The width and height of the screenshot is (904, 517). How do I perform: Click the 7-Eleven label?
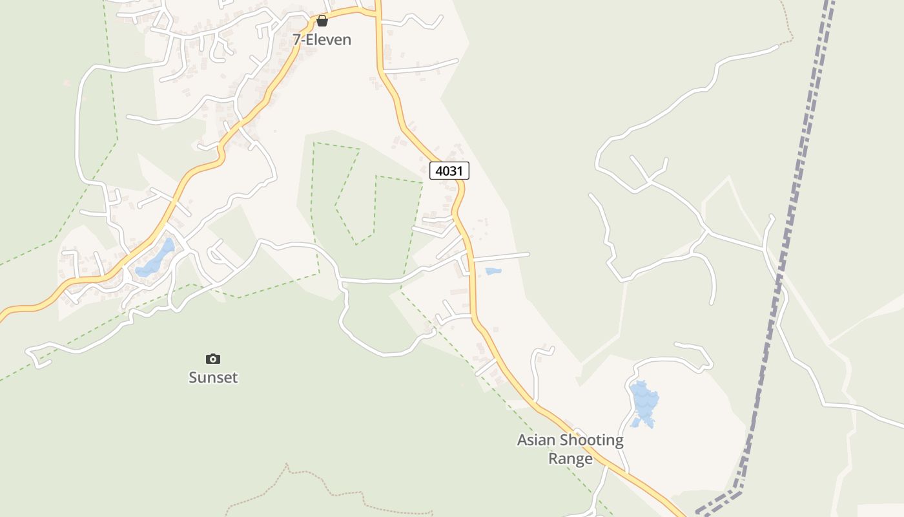point(322,39)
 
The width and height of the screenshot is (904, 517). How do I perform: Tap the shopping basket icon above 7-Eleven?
point(322,21)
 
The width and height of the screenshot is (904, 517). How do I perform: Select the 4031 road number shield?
point(449,171)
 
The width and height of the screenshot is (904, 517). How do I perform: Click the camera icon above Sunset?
point(213,359)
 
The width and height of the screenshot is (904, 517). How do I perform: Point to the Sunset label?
point(213,377)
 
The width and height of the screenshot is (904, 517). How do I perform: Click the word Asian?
point(536,441)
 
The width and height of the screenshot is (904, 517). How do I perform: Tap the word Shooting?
point(592,441)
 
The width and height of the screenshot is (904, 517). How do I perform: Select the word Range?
point(570,459)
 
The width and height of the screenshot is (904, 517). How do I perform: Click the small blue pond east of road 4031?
point(493,271)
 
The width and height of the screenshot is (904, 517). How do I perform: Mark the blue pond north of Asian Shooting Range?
point(644,402)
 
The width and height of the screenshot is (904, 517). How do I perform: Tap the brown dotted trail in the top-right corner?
point(788,26)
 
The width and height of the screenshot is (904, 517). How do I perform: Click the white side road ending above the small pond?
point(500,257)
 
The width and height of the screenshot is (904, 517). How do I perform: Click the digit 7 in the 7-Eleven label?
point(297,39)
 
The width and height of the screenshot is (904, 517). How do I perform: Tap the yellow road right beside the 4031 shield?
point(460,187)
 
